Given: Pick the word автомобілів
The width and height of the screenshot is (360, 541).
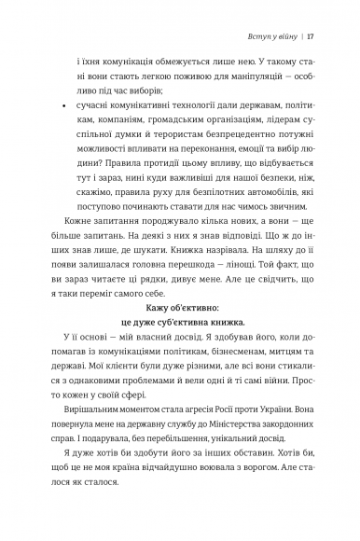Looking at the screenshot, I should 275,224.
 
